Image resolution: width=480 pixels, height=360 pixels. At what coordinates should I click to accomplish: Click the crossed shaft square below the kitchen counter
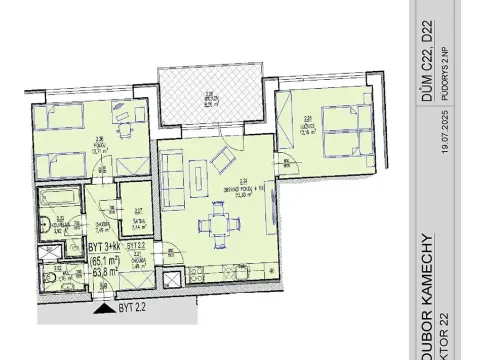tap(172, 282)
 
